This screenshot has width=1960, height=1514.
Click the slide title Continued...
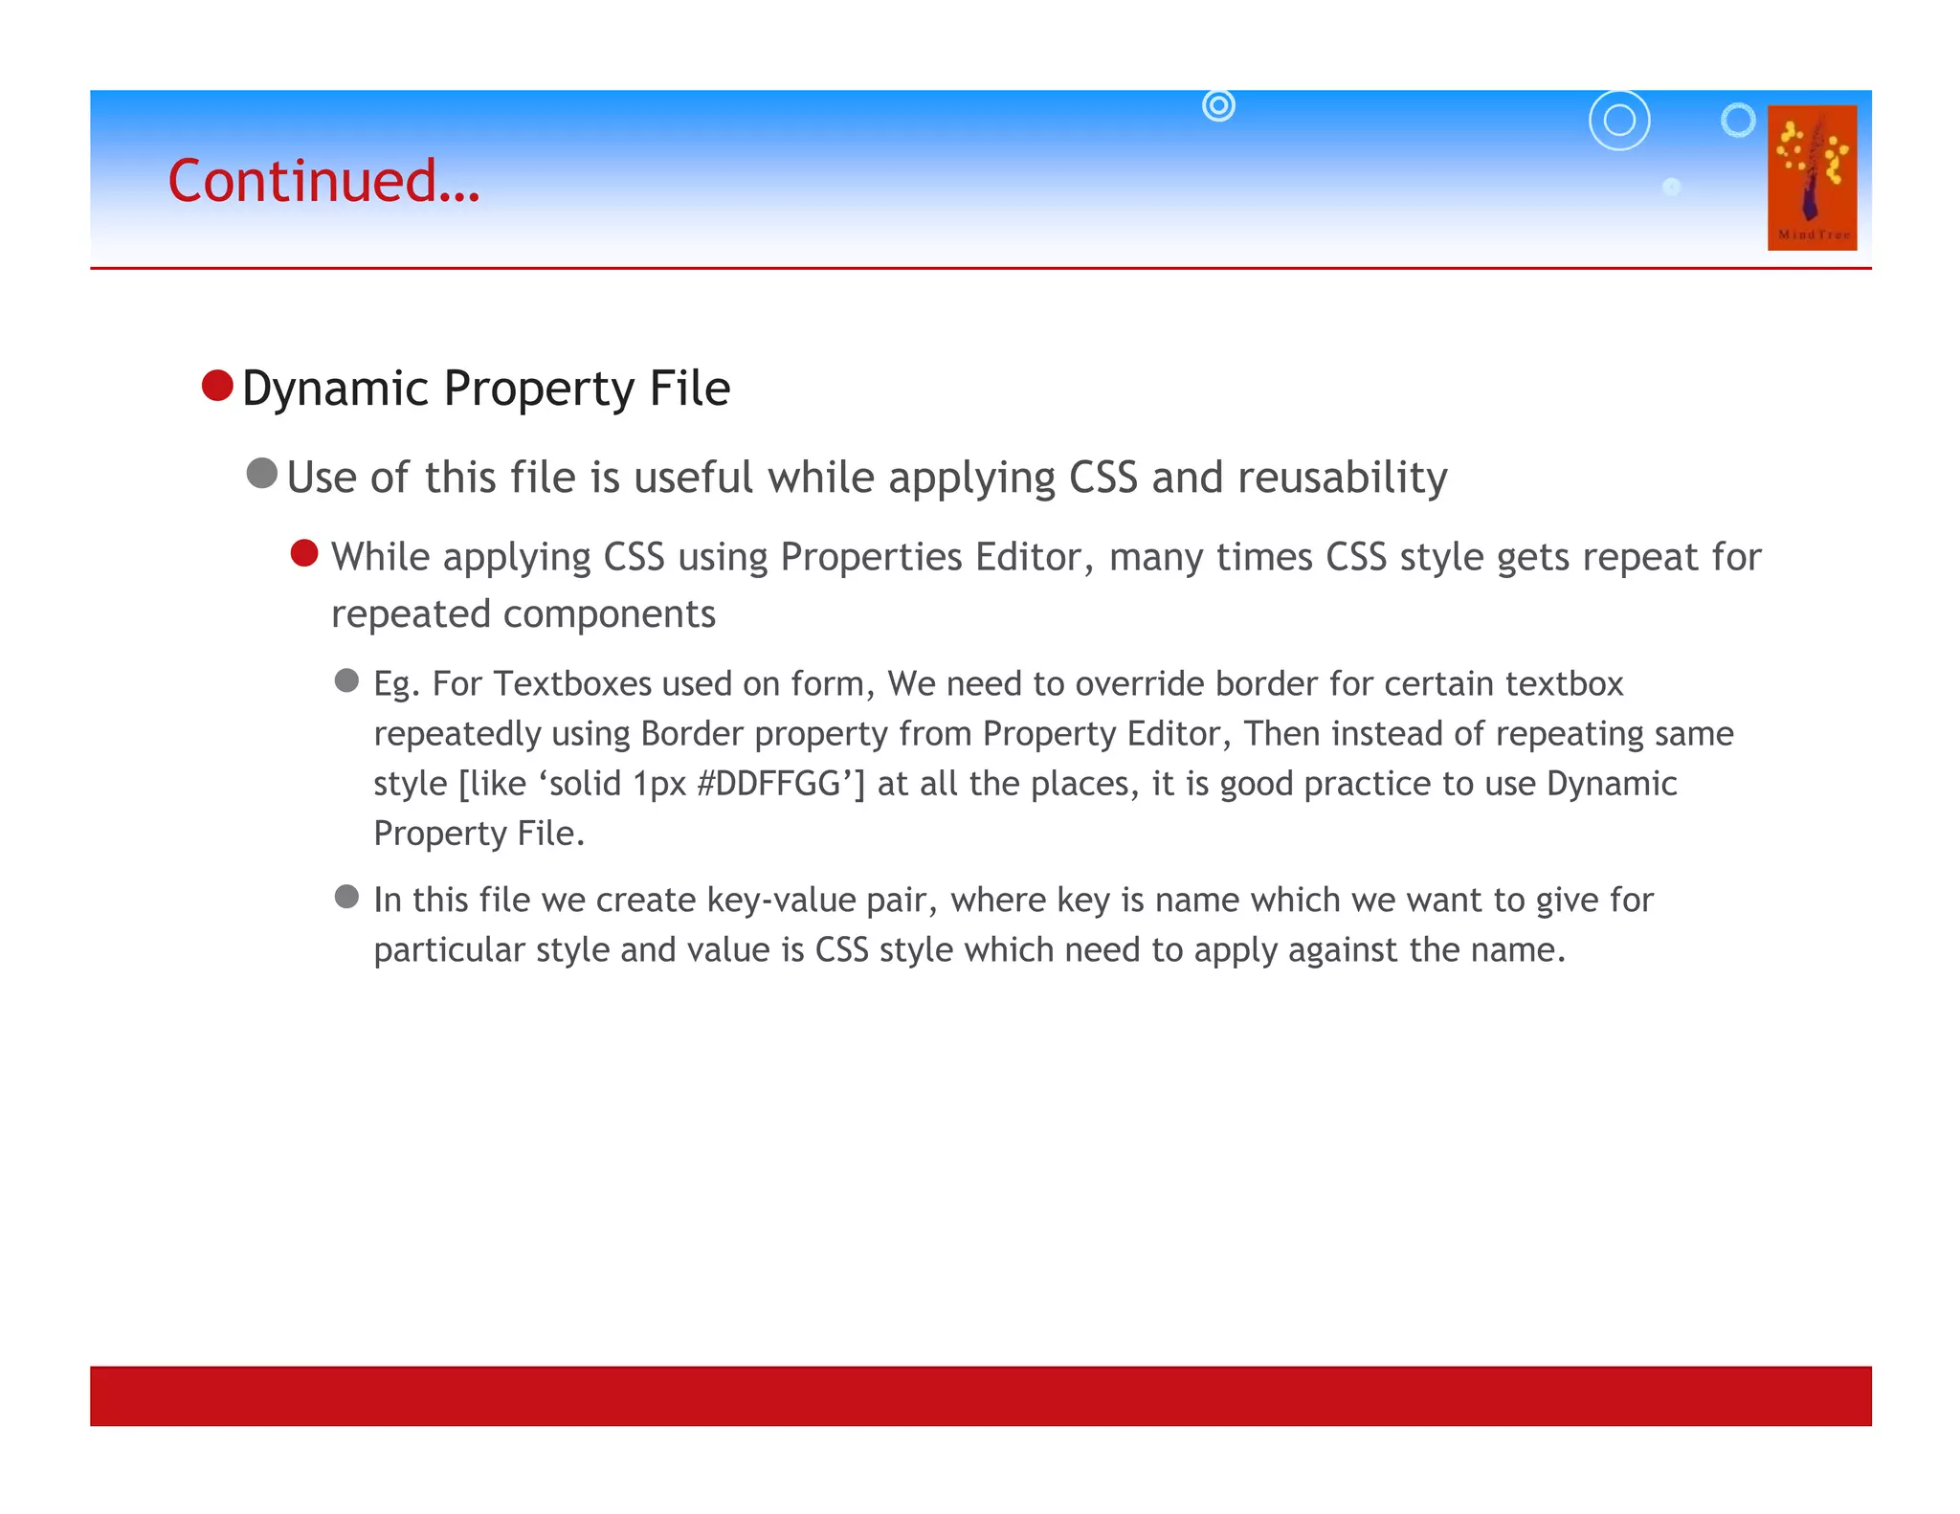(323, 181)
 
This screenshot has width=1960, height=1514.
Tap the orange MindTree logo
(1811, 178)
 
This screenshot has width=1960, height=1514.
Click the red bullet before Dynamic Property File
(217, 386)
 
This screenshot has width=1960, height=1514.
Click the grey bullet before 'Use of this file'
(261, 473)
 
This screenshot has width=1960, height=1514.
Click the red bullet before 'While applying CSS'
(304, 553)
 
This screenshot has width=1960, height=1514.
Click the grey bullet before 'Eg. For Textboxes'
(346, 680)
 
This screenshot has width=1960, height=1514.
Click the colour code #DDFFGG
(769, 784)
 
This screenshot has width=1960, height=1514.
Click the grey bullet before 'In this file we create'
(346, 897)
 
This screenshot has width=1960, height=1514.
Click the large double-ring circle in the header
(1619, 121)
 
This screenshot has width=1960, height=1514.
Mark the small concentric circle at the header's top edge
(1218, 105)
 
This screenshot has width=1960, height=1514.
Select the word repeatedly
(457, 734)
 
